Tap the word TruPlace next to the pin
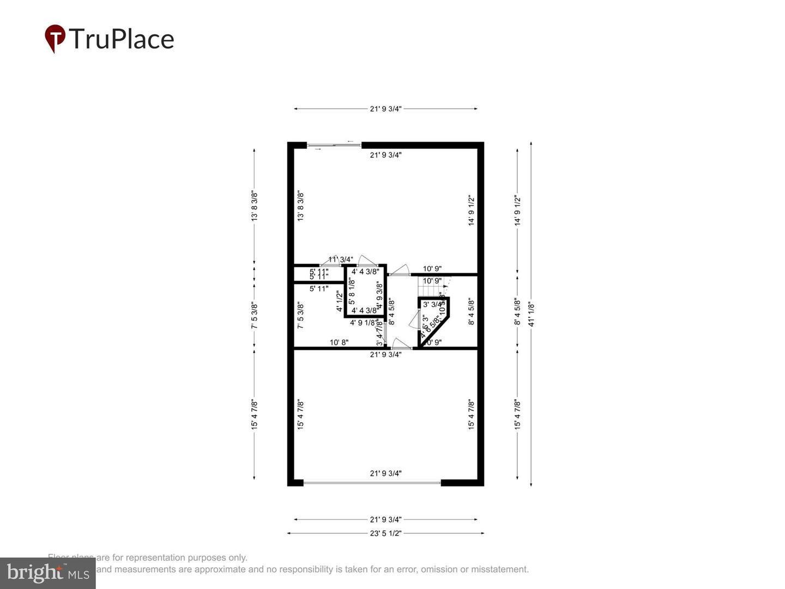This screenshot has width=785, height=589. click(122, 39)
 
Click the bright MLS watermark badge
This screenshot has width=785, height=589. click(47, 573)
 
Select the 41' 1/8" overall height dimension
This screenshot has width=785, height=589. click(532, 314)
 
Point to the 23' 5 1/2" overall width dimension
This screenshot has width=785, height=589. click(385, 533)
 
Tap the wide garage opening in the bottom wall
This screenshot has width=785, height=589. click(372, 483)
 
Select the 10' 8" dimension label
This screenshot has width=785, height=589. click(339, 342)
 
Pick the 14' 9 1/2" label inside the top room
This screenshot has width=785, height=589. click(471, 211)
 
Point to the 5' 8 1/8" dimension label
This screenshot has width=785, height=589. click(352, 291)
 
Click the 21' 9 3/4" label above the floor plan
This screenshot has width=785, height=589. click(385, 109)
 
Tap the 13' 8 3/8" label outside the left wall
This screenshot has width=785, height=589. click(254, 206)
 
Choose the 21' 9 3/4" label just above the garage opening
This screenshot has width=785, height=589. click(385, 473)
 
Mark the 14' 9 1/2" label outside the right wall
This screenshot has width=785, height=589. click(517, 211)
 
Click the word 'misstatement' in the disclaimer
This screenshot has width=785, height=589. click(500, 569)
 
